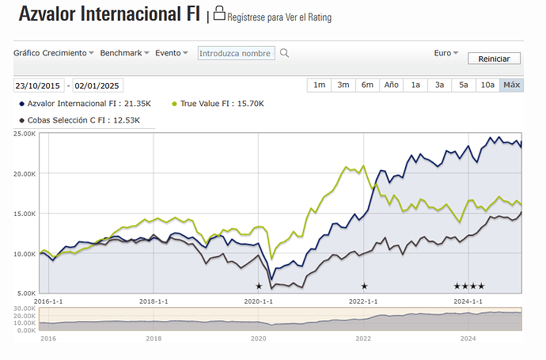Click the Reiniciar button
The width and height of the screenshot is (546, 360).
(x=495, y=59)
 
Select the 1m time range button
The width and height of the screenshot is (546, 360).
(x=319, y=85)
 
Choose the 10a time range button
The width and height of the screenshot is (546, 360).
(x=487, y=85)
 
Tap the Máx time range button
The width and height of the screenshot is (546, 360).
(x=511, y=85)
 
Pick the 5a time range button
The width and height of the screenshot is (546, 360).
(x=464, y=85)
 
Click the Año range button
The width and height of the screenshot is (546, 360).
(x=391, y=85)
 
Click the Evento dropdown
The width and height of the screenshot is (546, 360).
(x=172, y=53)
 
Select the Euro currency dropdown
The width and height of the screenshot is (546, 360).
(x=446, y=53)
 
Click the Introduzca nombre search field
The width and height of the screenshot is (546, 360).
(x=236, y=53)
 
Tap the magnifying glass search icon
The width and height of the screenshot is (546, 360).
(x=285, y=53)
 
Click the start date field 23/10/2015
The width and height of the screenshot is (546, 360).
(x=40, y=85)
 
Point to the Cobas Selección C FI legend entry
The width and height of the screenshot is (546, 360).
(x=79, y=120)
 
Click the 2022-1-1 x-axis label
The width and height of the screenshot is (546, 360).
(x=364, y=301)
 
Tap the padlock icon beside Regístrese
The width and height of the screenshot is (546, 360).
(x=219, y=13)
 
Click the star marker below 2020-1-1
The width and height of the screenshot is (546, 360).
(x=259, y=286)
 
